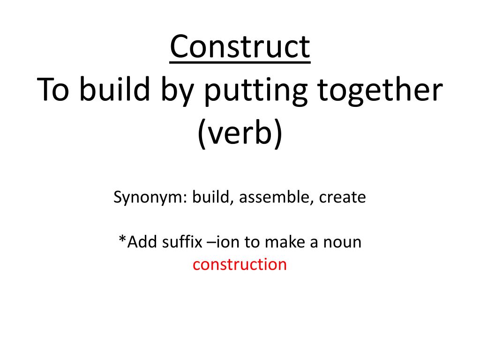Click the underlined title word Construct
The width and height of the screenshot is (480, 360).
pos(240,47)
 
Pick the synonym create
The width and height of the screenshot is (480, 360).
pos(342,197)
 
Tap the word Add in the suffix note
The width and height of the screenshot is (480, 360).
pos(139,242)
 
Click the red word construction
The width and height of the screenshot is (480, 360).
pos(240,264)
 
